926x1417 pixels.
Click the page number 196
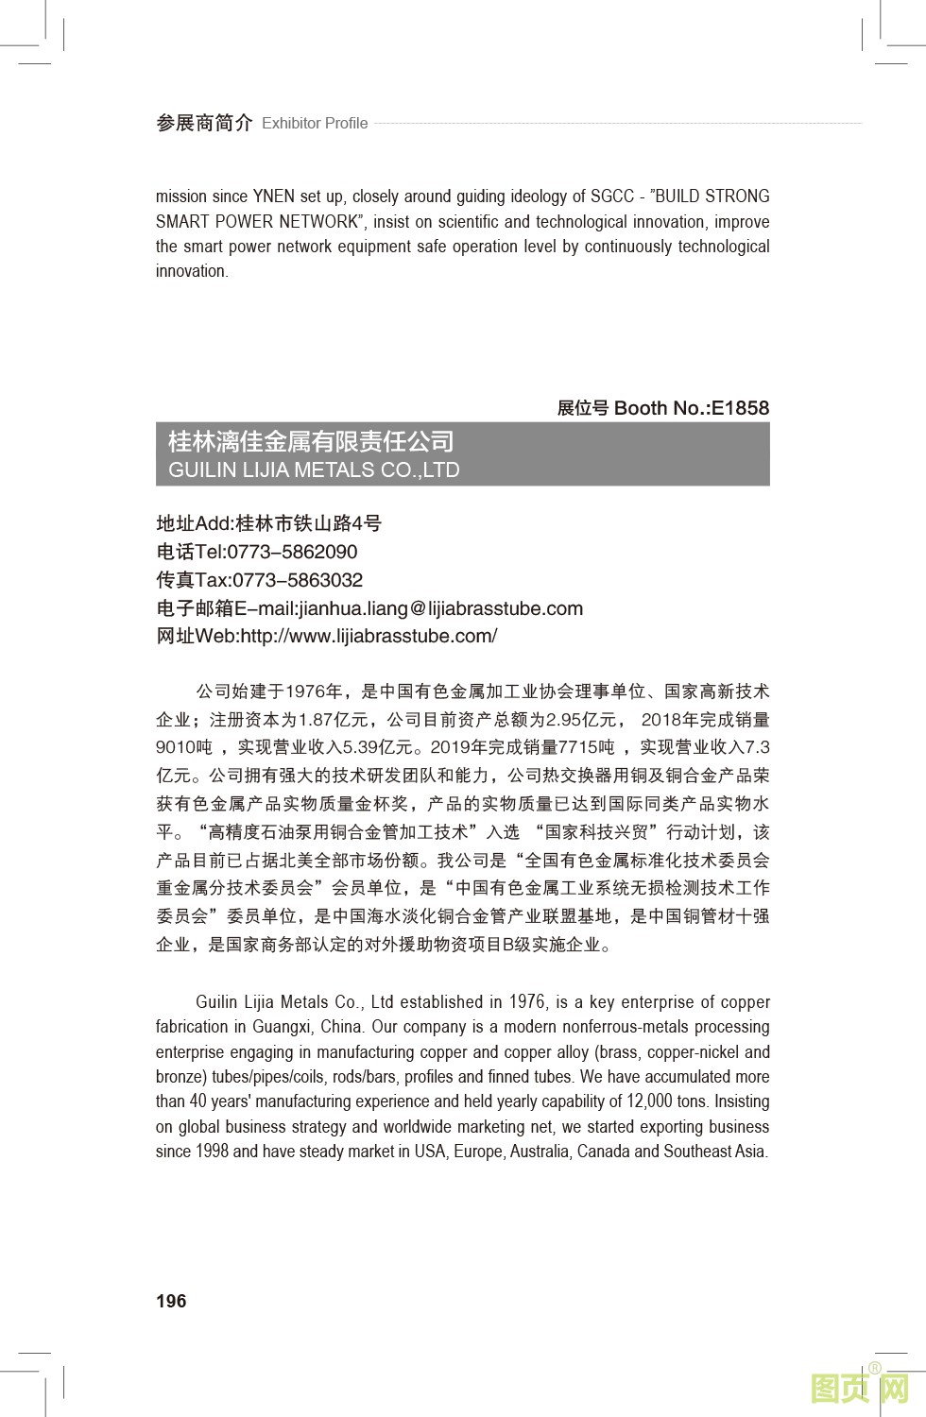pos(171,1301)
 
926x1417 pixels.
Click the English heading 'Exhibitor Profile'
pos(315,123)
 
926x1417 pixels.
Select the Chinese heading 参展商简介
pos(204,123)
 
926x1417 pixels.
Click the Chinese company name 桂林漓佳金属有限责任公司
pos(311,441)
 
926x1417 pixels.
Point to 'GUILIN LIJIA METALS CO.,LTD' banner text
pos(314,469)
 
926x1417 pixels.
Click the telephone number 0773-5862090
pos(292,552)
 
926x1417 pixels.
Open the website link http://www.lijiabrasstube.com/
pos(369,636)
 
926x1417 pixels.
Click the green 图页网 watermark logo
pos(860,1388)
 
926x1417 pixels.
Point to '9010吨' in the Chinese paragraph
pos(184,747)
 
